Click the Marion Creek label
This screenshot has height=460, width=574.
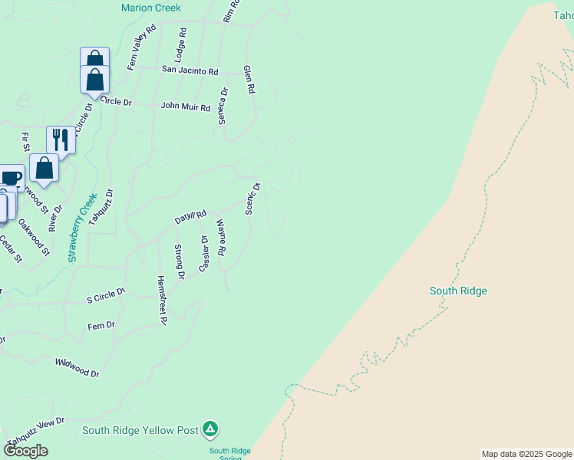click(x=151, y=8)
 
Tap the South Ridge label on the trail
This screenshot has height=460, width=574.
click(x=458, y=291)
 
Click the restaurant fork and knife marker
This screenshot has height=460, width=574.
click(x=61, y=140)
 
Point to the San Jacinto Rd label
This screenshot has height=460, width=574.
click(x=190, y=71)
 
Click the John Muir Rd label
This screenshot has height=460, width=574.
click(x=185, y=107)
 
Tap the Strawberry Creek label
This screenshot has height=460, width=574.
click(x=82, y=228)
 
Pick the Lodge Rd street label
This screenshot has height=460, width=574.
click(x=181, y=45)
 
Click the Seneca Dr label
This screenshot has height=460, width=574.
click(x=223, y=105)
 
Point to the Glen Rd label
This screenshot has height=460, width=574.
click(x=249, y=80)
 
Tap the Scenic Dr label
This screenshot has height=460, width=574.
click(x=252, y=198)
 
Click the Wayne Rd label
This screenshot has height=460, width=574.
click(x=220, y=238)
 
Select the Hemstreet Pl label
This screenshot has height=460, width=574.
click(x=161, y=301)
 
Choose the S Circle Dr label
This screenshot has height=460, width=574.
click(x=106, y=295)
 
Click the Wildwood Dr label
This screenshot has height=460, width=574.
click(x=78, y=367)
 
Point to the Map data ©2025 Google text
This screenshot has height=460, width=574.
click(x=526, y=454)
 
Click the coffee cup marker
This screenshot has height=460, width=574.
click(x=11, y=178)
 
